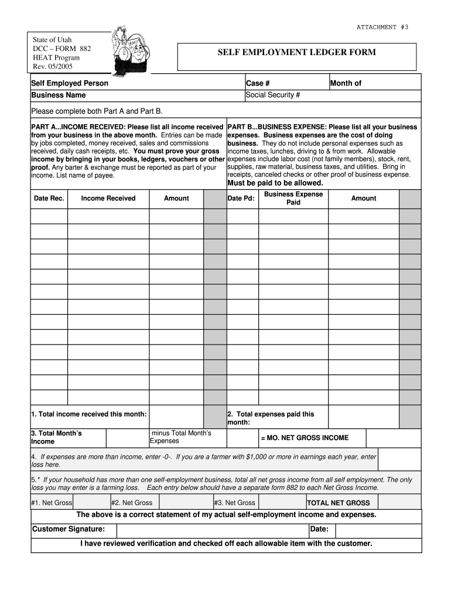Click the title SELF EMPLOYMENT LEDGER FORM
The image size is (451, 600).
pyautogui.click(x=297, y=53)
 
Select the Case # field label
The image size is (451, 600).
pyautogui.click(x=258, y=83)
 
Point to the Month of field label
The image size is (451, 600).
pyautogui.click(x=346, y=83)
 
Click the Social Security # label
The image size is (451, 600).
pyautogui.click(x=273, y=95)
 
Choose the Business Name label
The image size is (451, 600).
pyautogui.click(x=59, y=95)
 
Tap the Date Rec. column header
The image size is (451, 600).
pyautogui.click(x=49, y=199)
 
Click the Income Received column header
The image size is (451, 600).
pyautogui.click(x=108, y=199)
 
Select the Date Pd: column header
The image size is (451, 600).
pyautogui.click(x=241, y=199)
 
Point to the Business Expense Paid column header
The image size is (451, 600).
pyautogui.click(x=293, y=198)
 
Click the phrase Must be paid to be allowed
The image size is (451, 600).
pyautogui.click(x=275, y=183)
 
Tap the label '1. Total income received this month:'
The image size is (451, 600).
pyautogui.click(x=89, y=414)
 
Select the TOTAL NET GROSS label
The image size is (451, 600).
pyautogui.click(x=339, y=503)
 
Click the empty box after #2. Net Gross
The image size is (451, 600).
pyautogui.click(x=186, y=502)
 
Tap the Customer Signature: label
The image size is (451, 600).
pyautogui.click(x=69, y=530)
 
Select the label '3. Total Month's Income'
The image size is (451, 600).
pyautogui.click(x=57, y=437)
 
